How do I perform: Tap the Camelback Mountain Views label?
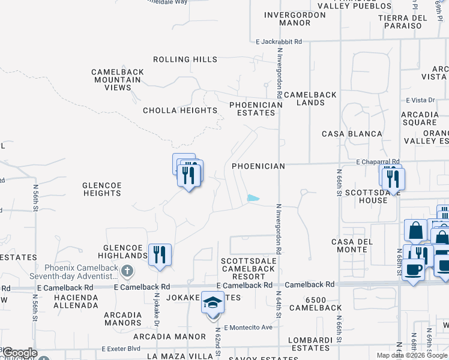click(x=118, y=80)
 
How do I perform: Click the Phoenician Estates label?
click(x=256, y=109)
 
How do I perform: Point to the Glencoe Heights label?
click(x=102, y=189)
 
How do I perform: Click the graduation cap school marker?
click(x=212, y=303)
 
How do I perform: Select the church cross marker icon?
click(x=127, y=271)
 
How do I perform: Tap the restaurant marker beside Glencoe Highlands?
click(x=160, y=254)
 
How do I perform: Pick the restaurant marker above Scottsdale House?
click(x=393, y=179)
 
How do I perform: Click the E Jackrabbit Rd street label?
click(x=279, y=42)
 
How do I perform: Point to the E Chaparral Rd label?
click(x=378, y=162)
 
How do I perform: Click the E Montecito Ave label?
click(x=249, y=328)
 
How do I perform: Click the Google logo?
click(x=20, y=353)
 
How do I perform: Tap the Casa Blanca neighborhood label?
click(x=352, y=134)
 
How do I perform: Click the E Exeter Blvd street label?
click(x=121, y=348)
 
